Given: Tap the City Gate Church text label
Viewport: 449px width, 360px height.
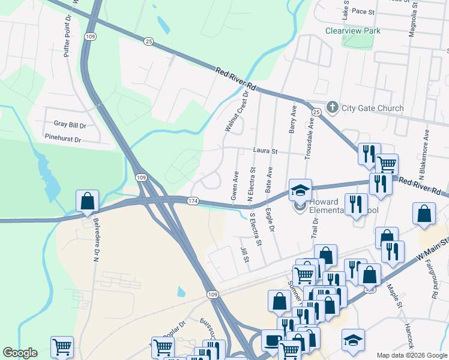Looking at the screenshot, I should [372, 108].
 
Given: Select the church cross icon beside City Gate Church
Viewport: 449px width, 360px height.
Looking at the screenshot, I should [333, 107].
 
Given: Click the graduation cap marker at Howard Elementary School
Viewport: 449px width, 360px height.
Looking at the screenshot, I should [300, 191].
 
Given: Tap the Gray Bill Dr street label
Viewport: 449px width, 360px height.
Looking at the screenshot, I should [70, 124].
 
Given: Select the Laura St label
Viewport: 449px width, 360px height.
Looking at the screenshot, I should [264, 152].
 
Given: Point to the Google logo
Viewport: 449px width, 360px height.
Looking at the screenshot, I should [20, 353].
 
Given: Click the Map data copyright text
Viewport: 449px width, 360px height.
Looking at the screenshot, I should [412, 355].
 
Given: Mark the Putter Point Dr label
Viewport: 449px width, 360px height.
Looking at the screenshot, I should [67, 35].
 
